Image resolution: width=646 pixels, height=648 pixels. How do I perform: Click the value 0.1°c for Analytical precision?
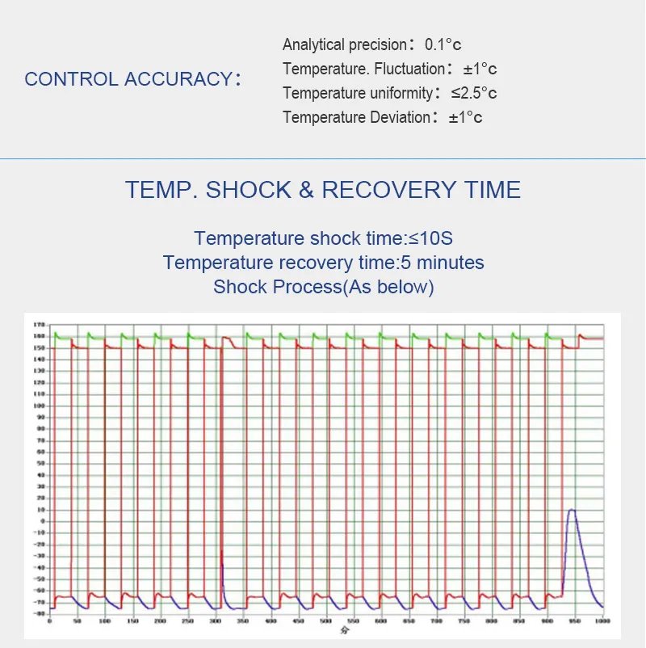(x=443, y=45)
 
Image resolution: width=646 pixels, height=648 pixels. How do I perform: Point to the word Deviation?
(x=396, y=118)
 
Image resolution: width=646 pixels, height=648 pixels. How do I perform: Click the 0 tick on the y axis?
(x=41, y=521)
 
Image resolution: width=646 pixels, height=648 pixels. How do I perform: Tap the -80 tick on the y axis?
(x=38, y=613)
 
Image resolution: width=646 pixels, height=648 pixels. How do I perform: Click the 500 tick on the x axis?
(x=325, y=621)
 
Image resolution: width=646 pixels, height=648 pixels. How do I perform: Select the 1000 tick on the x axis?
(x=600, y=621)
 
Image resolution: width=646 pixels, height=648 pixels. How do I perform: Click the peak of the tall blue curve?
(x=572, y=510)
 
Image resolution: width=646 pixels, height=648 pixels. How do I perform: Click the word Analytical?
(x=316, y=45)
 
